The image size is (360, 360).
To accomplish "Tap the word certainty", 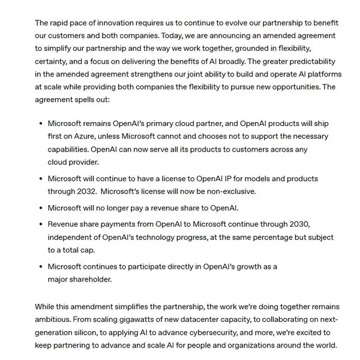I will [52, 61].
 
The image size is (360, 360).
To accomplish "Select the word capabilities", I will [69, 149].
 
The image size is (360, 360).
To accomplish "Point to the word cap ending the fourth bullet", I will [89, 250].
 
